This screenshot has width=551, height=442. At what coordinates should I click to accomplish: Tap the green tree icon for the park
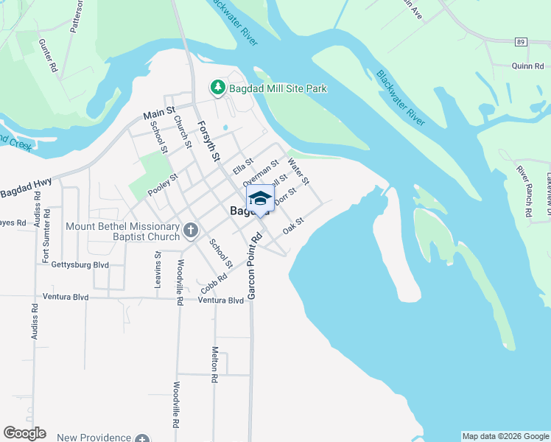tap(218, 88)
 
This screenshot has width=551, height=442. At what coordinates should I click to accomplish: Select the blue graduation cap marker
tap(260, 199)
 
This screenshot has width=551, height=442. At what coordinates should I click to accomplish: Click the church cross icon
tap(190, 231)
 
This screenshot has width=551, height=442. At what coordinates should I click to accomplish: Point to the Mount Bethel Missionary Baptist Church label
tap(123, 231)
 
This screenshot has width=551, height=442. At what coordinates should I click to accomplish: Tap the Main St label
tap(158, 114)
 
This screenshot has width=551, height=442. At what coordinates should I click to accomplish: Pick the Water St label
tap(299, 170)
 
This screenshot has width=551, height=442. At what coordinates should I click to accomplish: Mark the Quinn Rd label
tap(527, 66)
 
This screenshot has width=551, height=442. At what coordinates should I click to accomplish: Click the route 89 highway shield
tap(521, 42)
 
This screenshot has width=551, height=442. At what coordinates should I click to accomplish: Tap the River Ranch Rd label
tap(524, 190)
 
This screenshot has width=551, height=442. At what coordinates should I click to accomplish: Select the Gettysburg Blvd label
tap(80, 264)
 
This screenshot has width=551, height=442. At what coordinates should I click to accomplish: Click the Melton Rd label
tap(215, 365)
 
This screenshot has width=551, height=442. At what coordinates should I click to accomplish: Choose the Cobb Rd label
tap(214, 281)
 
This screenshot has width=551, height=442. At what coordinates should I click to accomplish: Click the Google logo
tap(24, 433)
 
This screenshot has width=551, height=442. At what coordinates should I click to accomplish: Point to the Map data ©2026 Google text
tap(505, 436)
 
